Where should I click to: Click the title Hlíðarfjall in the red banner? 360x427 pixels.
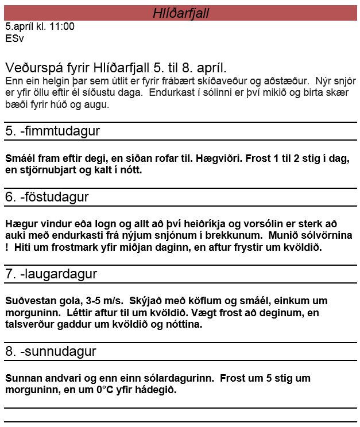[x=180, y=13]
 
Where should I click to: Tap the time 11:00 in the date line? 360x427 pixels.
[x=63, y=26]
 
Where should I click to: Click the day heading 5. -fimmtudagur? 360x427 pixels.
[x=52, y=131]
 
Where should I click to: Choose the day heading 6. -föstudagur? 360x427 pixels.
[x=47, y=197]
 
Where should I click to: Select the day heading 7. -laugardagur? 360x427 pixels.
[x=51, y=274]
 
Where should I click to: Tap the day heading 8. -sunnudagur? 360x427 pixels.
[x=51, y=351]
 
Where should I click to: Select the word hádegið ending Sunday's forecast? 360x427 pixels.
[x=151, y=390]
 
